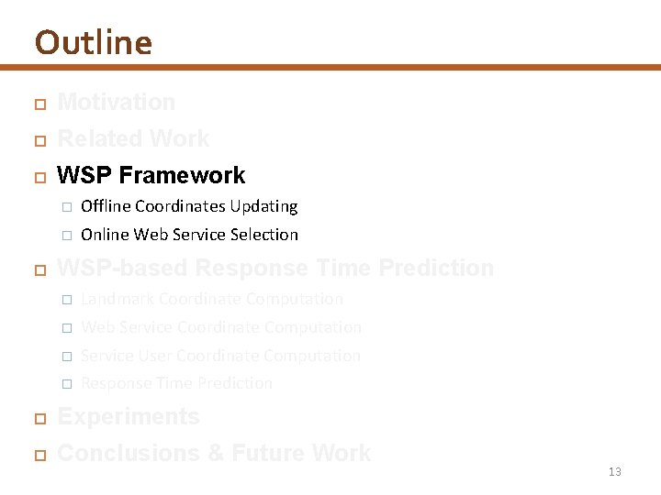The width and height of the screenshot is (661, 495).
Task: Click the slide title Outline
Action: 93,42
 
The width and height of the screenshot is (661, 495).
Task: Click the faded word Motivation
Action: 116,102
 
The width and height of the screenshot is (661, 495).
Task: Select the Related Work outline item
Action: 133,138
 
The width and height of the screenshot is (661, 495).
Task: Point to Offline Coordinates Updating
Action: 189,206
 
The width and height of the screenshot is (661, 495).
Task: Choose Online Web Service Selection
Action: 189,235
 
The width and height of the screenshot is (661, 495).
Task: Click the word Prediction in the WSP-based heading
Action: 436,268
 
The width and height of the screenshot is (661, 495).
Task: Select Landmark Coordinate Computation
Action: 211,299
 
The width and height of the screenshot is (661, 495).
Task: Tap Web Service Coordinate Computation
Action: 220,327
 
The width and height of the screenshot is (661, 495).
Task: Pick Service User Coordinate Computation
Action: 220,356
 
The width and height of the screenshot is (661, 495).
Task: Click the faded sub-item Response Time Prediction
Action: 176,383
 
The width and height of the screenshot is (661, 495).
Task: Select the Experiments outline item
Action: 128,416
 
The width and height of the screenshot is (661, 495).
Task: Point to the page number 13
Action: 614,472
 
